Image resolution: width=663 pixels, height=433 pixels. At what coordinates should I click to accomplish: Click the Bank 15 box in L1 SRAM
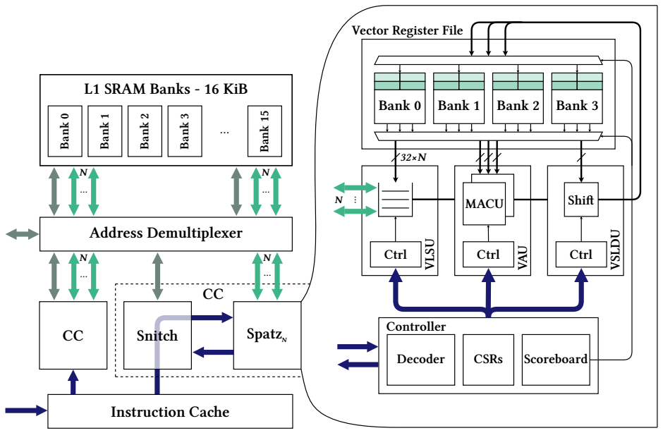click(264, 131)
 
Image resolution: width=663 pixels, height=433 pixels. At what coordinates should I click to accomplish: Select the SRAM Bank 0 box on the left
click(65, 131)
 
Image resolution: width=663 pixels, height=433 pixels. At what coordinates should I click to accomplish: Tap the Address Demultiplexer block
click(166, 233)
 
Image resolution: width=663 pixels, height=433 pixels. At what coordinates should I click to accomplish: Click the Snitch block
click(157, 336)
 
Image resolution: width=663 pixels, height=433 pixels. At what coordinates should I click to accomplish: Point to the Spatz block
click(267, 336)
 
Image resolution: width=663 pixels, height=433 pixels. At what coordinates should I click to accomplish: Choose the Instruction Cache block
click(170, 411)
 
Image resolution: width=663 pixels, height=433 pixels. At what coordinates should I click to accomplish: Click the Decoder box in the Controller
click(420, 359)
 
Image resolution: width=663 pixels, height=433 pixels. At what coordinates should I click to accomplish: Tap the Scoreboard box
click(556, 359)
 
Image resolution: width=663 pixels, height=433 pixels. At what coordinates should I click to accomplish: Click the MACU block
click(484, 205)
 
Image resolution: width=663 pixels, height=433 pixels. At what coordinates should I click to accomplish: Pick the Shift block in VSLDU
click(580, 200)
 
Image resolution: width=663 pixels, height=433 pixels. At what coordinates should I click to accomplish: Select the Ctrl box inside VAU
click(488, 255)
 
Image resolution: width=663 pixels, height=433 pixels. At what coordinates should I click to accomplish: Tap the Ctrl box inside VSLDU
click(580, 255)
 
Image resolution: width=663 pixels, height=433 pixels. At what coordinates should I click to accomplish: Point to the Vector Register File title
click(407, 30)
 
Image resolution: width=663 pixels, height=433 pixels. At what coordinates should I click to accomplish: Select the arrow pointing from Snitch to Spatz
click(212, 319)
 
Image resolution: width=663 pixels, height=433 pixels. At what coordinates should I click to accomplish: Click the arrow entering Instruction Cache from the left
click(25, 409)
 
